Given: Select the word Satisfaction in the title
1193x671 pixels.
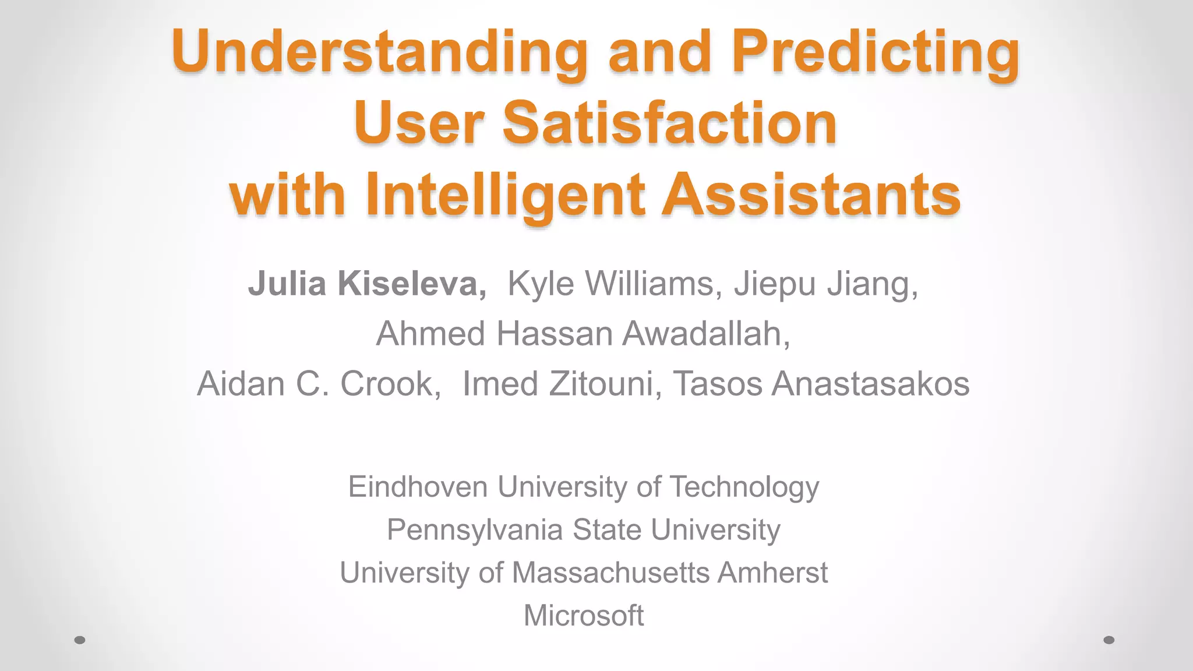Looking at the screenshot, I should [x=669, y=123].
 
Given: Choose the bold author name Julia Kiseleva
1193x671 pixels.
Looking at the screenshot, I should [x=367, y=284].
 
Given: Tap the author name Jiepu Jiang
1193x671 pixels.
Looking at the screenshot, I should [x=825, y=284].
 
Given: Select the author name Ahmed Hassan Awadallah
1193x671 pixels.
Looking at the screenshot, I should [x=583, y=334].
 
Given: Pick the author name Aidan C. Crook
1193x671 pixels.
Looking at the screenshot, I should [x=319, y=384].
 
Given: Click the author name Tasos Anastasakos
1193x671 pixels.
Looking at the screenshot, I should [x=821, y=384].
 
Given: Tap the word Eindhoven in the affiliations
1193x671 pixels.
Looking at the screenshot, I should [x=418, y=487].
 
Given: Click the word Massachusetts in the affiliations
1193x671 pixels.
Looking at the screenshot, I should [x=610, y=573].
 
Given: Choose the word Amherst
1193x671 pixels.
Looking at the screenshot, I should [x=772, y=573].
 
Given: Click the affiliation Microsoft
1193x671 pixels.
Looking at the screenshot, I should [x=584, y=616].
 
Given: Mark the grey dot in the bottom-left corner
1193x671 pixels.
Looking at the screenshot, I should [x=80, y=640].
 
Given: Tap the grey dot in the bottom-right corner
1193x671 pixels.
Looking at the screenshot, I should [x=1109, y=640].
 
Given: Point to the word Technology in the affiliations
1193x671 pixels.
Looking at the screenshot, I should [x=744, y=487].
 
